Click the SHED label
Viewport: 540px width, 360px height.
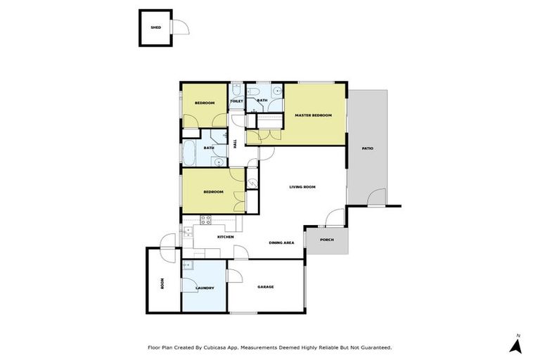coord(155,28)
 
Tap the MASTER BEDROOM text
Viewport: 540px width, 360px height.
coord(313,115)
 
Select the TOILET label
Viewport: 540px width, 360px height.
coord(236,101)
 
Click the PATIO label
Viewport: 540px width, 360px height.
coord(368,148)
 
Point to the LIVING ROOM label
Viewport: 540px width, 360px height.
coord(302,187)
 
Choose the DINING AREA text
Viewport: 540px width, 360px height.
coord(281,243)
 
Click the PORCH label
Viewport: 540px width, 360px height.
coord(326,239)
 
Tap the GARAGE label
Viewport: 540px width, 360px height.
coord(265,287)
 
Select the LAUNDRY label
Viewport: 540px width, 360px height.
coord(205,288)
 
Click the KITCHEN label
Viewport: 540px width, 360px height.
coord(225,237)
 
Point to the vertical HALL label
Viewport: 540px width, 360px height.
coord(235,143)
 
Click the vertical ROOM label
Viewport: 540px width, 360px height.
coord(162,284)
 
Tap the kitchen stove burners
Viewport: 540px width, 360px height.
coord(207,219)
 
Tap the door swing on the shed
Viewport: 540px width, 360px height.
coord(181,27)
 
